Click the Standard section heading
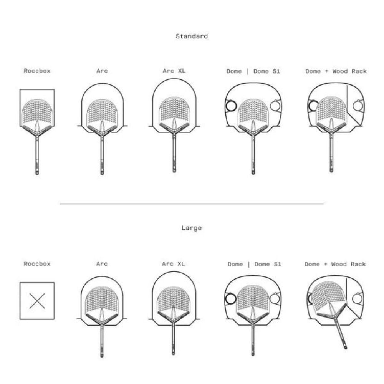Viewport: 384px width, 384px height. tap(192, 36)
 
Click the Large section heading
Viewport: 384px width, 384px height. tap(192, 228)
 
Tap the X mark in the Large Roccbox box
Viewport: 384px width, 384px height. tap(37, 301)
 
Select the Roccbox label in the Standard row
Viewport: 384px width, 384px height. tap(37, 71)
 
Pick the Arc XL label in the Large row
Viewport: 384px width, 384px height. tap(174, 264)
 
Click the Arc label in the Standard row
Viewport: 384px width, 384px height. tap(102, 71)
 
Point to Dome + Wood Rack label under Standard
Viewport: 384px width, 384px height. tap(336, 71)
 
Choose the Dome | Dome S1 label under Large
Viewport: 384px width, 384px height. tap(255, 264)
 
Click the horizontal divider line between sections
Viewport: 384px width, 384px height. tap(192, 203)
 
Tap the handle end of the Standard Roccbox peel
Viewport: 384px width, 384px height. tap(37, 174)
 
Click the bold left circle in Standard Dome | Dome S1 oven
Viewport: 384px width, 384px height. tap(231, 106)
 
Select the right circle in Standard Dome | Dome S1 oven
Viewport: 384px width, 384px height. tap(276, 106)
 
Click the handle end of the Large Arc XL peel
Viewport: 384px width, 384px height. tap(174, 353)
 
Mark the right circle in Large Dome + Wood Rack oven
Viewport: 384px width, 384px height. tap(358, 298)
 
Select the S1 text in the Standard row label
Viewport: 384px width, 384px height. tap(276, 71)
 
